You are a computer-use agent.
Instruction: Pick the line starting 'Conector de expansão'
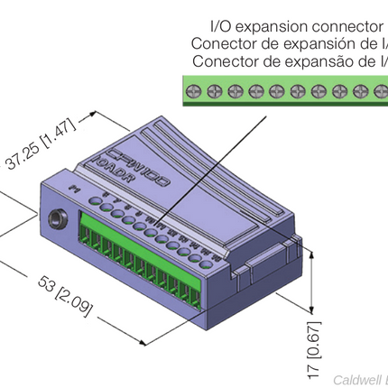coord(290,61)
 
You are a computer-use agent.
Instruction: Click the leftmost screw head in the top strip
coord(194,90)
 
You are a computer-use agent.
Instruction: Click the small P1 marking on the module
coord(75,187)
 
